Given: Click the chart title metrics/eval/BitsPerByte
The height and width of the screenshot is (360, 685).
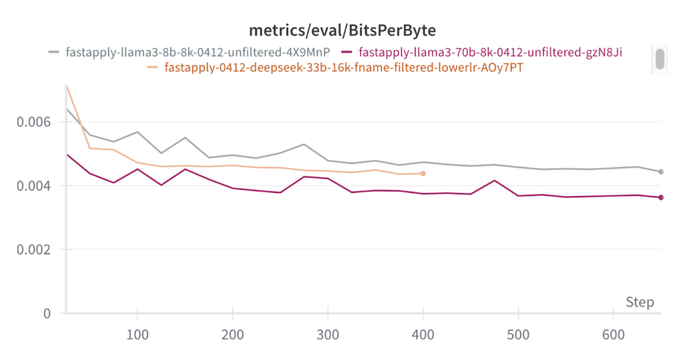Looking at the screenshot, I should (x=342, y=30).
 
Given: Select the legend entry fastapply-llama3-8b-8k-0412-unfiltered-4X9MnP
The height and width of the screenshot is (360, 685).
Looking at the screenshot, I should (x=197, y=52).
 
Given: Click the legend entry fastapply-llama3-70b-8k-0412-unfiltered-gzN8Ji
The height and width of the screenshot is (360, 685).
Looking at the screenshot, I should (x=491, y=52).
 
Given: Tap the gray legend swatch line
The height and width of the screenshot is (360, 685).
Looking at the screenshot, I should (x=54, y=52).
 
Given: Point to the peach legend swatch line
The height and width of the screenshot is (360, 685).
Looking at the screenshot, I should (x=153, y=68).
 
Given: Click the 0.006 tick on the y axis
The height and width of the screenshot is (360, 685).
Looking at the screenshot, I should (x=33, y=122).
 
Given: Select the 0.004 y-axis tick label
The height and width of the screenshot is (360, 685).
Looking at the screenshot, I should (x=33, y=186).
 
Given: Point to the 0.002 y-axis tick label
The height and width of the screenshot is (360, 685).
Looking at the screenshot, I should (x=33, y=250).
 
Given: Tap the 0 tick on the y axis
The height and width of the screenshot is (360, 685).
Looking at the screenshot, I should (x=46, y=313).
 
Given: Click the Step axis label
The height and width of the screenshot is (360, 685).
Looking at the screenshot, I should (x=640, y=302).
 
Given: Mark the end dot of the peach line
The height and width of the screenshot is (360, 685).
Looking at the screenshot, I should (x=423, y=174).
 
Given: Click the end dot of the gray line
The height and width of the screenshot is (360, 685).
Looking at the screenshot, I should (x=661, y=171).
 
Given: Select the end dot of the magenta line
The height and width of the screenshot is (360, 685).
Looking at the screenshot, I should (x=661, y=197).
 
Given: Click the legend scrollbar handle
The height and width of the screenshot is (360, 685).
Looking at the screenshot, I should (x=659, y=59).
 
